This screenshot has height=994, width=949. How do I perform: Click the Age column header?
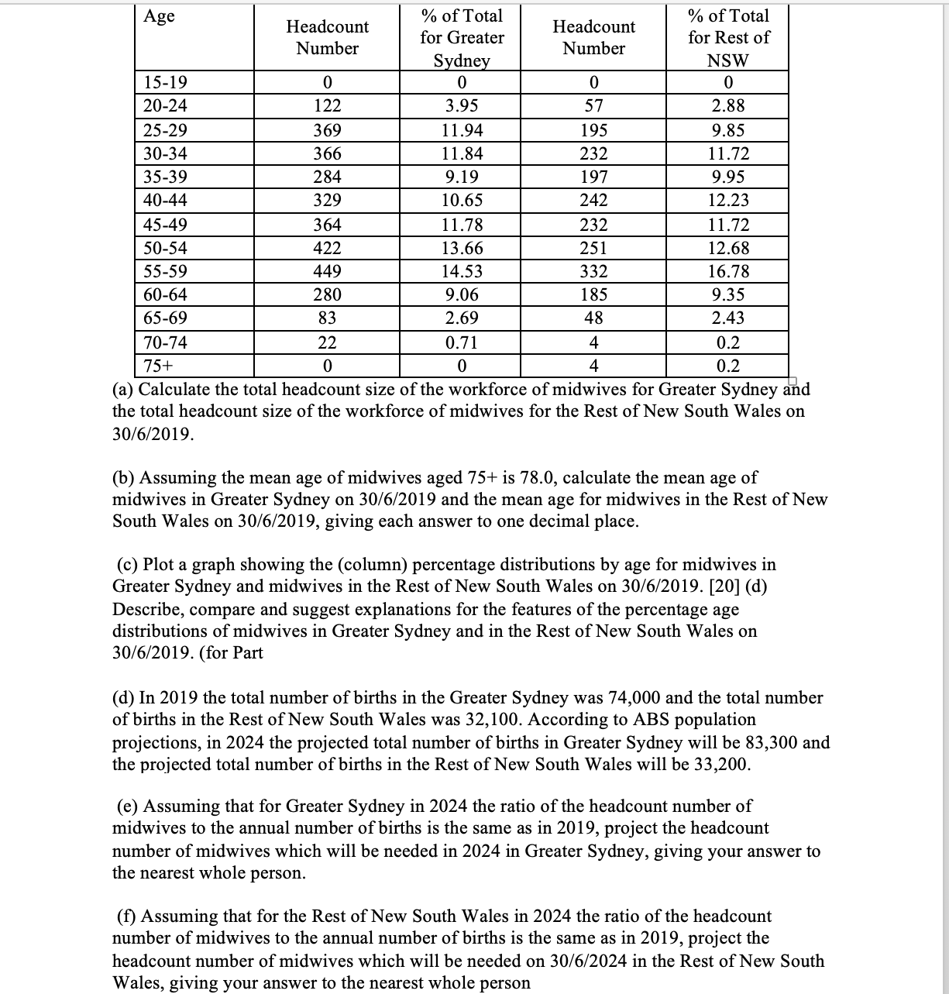(x=160, y=16)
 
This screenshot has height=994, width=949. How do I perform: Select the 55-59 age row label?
(x=165, y=271)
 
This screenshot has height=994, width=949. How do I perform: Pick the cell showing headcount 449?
(x=327, y=271)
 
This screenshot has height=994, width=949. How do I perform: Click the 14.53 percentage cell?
(x=462, y=271)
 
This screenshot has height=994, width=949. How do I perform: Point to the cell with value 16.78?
(x=728, y=271)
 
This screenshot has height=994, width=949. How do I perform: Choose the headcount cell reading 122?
(x=327, y=106)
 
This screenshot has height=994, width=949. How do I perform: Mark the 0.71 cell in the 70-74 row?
(x=462, y=342)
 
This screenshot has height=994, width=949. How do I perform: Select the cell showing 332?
(x=593, y=271)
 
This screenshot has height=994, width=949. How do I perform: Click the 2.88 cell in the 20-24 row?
(x=728, y=106)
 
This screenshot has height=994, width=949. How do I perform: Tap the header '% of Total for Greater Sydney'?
(x=462, y=38)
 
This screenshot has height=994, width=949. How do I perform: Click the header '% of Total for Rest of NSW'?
(x=728, y=38)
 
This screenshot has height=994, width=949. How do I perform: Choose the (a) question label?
(x=123, y=388)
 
